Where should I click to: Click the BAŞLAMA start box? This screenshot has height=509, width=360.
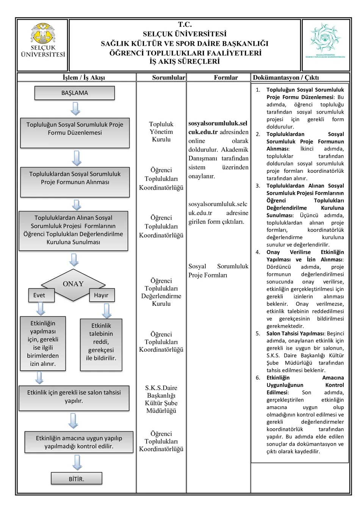click(x=75, y=93)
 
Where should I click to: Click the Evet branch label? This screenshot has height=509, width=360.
click(x=41, y=295)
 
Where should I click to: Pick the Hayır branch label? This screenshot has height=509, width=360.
click(x=102, y=295)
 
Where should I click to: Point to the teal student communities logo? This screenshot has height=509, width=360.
click(x=325, y=40)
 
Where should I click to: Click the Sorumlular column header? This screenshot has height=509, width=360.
click(x=169, y=77)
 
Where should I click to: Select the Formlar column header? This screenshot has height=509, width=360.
click(x=226, y=77)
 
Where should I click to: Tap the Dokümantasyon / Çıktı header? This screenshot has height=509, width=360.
click(x=286, y=77)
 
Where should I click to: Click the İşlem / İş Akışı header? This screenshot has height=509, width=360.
click(x=84, y=77)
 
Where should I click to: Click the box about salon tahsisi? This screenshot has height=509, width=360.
click(x=74, y=398)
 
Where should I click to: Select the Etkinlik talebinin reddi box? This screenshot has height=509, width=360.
click(x=101, y=345)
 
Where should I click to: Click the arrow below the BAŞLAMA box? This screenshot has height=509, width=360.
click(x=75, y=109)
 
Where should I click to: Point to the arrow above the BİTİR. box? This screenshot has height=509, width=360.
click(x=77, y=462)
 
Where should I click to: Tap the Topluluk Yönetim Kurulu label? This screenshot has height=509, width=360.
click(x=161, y=132)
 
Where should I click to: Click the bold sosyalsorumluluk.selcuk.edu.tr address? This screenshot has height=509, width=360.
click(x=218, y=127)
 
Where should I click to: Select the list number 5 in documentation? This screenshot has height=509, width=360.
click(x=258, y=334)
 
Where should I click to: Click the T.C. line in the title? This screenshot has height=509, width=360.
click(x=185, y=24)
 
